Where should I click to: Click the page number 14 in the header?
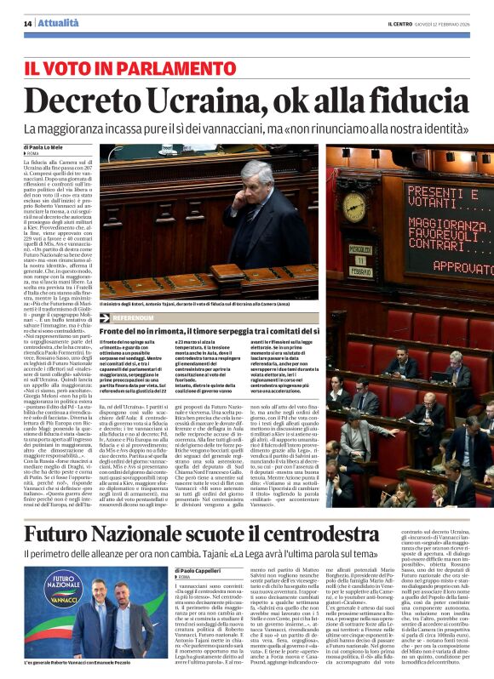click(x=28, y=22)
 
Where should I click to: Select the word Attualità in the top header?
click(x=57, y=22)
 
